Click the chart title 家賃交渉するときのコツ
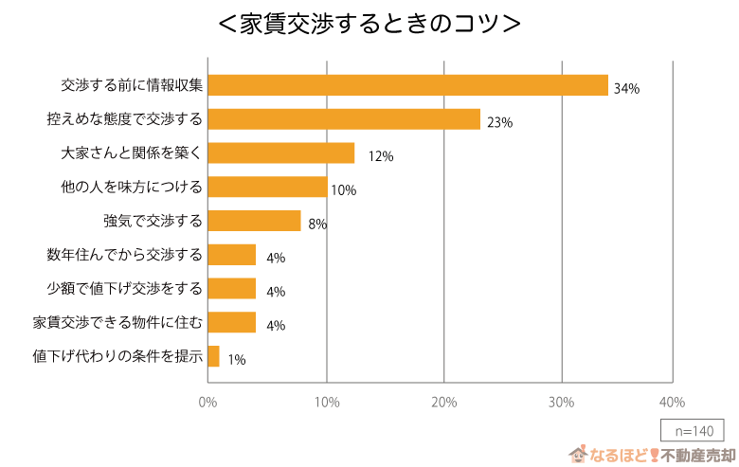(x=369, y=24)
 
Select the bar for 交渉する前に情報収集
(x=407, y=85)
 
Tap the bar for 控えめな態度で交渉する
(x=344, y=119)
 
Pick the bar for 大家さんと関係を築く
(x=280, y=153)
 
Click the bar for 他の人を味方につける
(x=267, y=187)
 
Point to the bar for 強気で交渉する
(x=254, y=221)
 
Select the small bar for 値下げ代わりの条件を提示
(x=213, y=356)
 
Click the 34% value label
(x=626, y=88)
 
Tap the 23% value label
(x=499, y=122)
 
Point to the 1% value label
(x=237, y=360)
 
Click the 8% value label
(x=317, y=225)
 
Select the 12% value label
(x=381, y=156)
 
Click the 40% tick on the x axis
(x=672, y=403)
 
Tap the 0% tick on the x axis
(x=207, y=403)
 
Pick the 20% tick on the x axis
(x=443, y=403)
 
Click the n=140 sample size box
(x=693, y=429)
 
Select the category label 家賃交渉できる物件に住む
(x=117, y=323)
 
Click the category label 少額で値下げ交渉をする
(x=124, y=289)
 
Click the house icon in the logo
(x=577, y=455)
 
